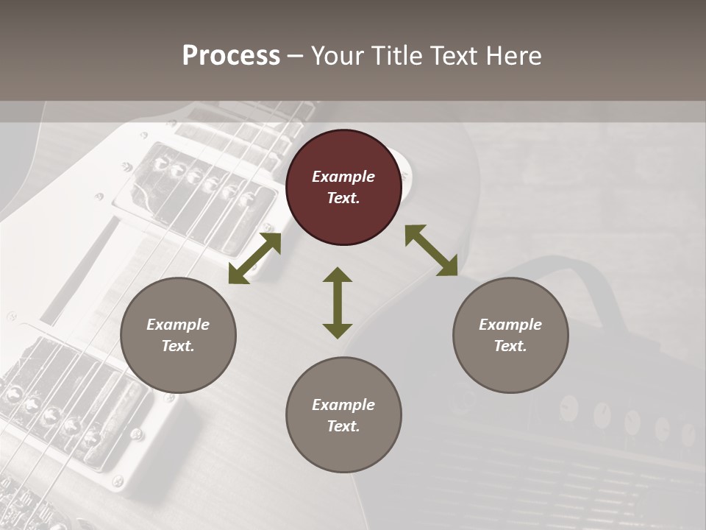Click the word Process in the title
(x=231, y=56)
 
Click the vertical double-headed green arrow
(x=338, y=303)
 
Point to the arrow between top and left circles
(x=254, y=258)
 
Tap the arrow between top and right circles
(x=431, y=250)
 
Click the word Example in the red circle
(x=343, y=177)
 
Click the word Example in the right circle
(x=510, y=325)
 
